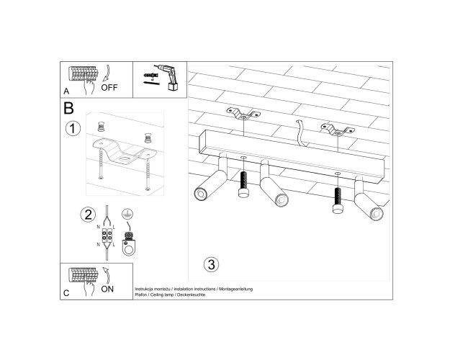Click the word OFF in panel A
pos(109,87)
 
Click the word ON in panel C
pos(107,289)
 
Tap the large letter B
pos(68,108)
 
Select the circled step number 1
pos(73,128)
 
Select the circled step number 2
pos(88,215)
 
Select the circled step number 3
pos(211,264)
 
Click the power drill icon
pos(168,77)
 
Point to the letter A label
pos(66,91)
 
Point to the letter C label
pos(66,293)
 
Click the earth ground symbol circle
pos(127,214)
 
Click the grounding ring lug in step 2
pos(129,244)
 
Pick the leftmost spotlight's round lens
pos(200,194)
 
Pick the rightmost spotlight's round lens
pos(377,214)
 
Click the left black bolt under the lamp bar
pos(243,184)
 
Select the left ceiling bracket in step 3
pos(243,113)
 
